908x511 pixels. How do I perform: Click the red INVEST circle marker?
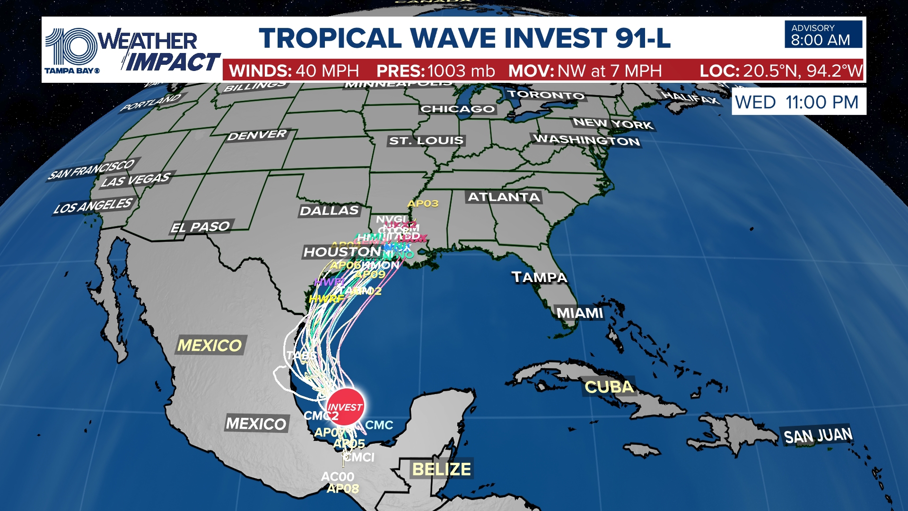(346, 406)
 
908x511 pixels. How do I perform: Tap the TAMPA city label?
(540, 277)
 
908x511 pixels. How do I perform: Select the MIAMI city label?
(580, 313)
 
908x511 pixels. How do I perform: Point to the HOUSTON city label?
(342, 252)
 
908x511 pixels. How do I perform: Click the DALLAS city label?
(329, 211)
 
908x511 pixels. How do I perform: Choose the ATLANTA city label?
(504, 197)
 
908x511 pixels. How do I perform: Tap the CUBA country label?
(609, 388)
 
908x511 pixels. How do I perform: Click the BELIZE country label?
(441, 469)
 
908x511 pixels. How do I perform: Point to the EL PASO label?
(201, 228)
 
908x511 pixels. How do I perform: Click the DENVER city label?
(257, 136)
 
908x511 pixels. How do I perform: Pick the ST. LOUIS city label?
(426, 141)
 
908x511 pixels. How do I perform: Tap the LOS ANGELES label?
(93, 206)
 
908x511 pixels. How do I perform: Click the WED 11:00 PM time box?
(798, 102)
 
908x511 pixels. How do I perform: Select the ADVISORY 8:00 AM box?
(823, 35)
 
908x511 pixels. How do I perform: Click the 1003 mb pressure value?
(461, 71)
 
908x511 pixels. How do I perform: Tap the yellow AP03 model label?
(423, 204)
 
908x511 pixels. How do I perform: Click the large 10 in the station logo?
(70, 46)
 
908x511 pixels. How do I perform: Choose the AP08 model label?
(343, 489)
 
